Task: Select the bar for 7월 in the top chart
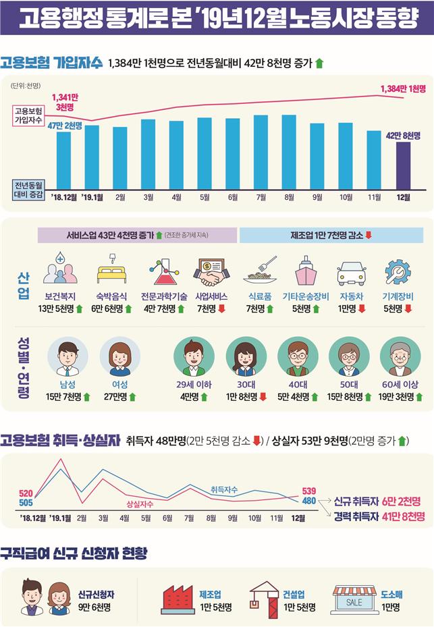[261, 151]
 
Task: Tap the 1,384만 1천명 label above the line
[403, 88]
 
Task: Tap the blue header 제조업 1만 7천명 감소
[331, 235]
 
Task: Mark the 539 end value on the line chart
[309, 490]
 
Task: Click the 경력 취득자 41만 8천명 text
[379, 516]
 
